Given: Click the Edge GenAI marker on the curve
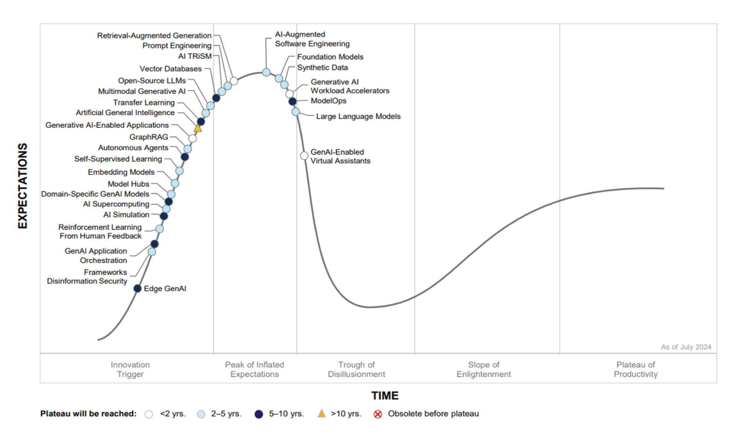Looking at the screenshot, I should point(138,289).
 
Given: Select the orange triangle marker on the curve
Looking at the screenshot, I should point(198,128).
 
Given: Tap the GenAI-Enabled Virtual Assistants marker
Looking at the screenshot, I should point(304,156).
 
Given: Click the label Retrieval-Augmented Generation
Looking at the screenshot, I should point(154,36).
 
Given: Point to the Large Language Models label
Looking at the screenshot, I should point(358,116).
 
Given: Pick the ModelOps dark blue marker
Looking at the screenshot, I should point(292,102).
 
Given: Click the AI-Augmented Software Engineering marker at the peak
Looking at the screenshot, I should point(267,72).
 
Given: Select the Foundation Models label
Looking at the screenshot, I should point(330,57).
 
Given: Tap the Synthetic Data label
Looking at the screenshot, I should point(322,68).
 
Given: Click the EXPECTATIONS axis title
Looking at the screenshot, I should point(23,186).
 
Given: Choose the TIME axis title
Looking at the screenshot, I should point(385,396).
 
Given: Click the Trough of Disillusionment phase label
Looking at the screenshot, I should point(356,369).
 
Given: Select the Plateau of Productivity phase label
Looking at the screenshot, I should point(635,369).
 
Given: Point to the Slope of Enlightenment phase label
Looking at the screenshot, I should point(484,369).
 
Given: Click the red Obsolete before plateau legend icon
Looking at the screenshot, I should point(378,414).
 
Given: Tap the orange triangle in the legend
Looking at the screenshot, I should point(322,414).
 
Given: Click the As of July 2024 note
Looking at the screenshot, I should point(686,347).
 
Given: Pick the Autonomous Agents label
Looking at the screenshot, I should point(133,148).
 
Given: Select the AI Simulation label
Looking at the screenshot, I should point(126,215).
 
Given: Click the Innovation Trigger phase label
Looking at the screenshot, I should point(130,369).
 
